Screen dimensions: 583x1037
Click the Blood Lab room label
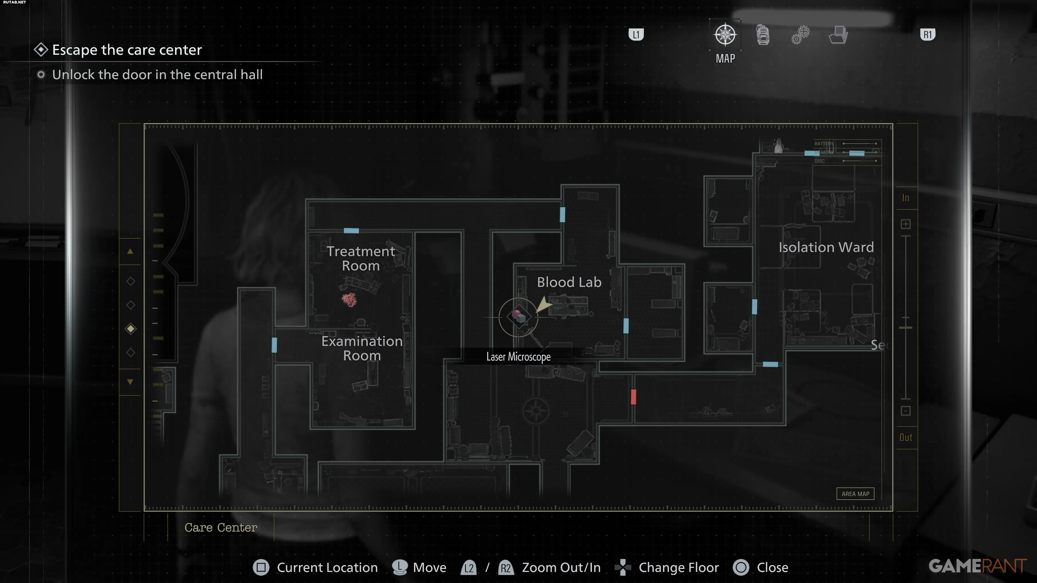click(x=569, y=282)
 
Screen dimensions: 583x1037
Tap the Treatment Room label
click(x=361, y=258)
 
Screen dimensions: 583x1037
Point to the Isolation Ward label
click(x=826, y=247)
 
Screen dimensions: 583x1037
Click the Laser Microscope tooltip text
click(x=518, y=357)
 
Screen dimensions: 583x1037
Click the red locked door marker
click(x=633, y=397)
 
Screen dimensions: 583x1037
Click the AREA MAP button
click(x=855, y=494)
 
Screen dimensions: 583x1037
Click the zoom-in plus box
click(x=905, y=224)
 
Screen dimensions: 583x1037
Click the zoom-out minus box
click(x=905, y=411)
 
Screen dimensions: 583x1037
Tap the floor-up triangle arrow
click(x=130, y=252)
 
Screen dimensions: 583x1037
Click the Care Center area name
click(x=221, y=527)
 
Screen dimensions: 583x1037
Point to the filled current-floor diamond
click(x=130, y=329)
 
